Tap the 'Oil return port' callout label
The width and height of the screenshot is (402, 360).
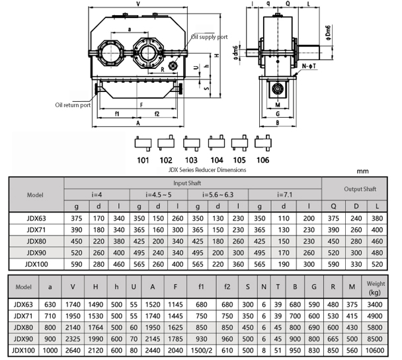coord(73,104)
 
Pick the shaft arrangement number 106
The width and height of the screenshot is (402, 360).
coord(263,159)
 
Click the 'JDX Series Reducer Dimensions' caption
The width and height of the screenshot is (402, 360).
coord(208,169)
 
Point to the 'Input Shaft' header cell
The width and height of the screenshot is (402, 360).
coord(192,183)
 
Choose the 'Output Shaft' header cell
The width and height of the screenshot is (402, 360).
coord(360,189)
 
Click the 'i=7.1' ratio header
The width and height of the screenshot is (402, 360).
coord(286,195)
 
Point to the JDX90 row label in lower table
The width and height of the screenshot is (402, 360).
coord(24,338)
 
